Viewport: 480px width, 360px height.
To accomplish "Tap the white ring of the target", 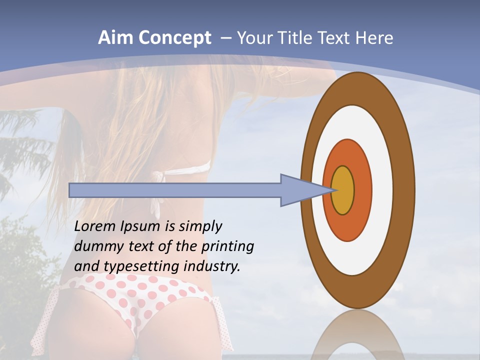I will pyautogui.click(x=382, y=190).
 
